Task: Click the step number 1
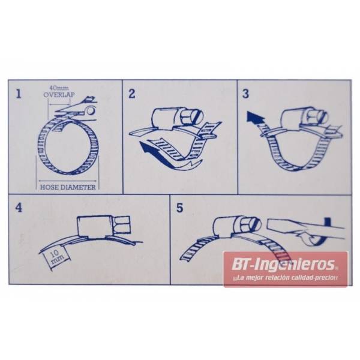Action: [x=19, y=94]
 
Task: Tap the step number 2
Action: [x=132, y=94]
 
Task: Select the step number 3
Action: [x=245, y=94]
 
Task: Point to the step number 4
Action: [x=19, y=208]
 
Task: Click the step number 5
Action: [x=180, y=208]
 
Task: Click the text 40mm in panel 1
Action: [x=59, y=88]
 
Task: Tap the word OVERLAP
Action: [x=59, y=95]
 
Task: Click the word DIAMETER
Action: [x=77, y=187]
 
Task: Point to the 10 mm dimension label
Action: [x=55, y=257]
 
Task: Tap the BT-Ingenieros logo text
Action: [x=283, y=264]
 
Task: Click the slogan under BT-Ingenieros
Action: [x=285, y=278]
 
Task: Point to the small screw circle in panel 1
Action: [x=91, y=110]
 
